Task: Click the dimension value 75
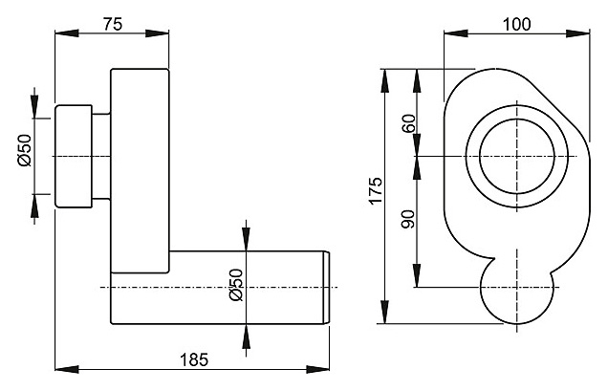click(x=113, y=24)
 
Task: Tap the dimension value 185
click(x=194, y=360)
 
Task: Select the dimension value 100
click(x=516, y=25)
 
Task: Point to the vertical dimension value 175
click(x=376, y=190)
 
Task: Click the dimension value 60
click(x=409, y=123)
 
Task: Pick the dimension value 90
click(x=408, y=219)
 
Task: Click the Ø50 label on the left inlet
click(x=25, y=150)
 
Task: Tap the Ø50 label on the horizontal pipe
click(x=236, y=285)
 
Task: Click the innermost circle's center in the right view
click(x=517, y=157)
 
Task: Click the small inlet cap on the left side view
click(x=74, y=157)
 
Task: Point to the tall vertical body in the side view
click(x=140, y=171)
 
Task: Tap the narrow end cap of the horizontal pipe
click(x=327, y=288)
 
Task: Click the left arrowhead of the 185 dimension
click(x=67, y=369)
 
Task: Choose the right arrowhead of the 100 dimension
click(x=578, y=33)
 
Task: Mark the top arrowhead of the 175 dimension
click(x=384, y=80)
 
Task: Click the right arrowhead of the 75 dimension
click(x=158, y=33)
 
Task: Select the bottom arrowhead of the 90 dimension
click(x=417, y=275)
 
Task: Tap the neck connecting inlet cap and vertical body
click(x=101, y=157)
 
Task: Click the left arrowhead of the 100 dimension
click(x=456, y=33)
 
